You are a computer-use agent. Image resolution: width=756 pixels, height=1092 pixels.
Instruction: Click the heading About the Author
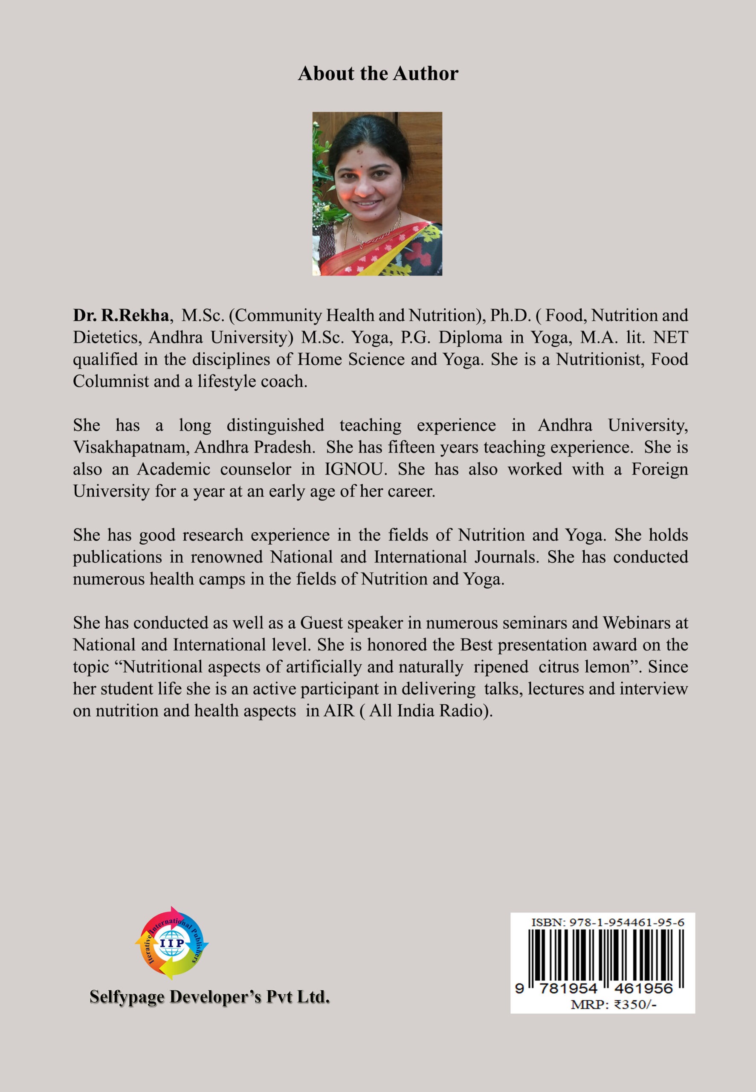click(377, 74)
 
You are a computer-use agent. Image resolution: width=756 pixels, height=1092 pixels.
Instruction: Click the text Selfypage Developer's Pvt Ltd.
click(209, 997)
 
